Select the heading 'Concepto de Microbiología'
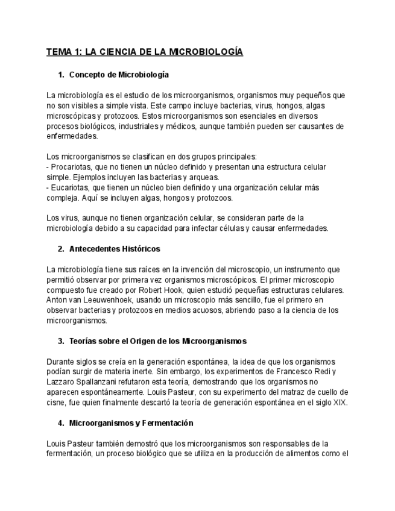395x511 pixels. coord(119,75)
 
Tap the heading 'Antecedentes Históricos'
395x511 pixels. coord(115,249)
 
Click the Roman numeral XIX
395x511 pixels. coord(340,403)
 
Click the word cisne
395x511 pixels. coord(56,403)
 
